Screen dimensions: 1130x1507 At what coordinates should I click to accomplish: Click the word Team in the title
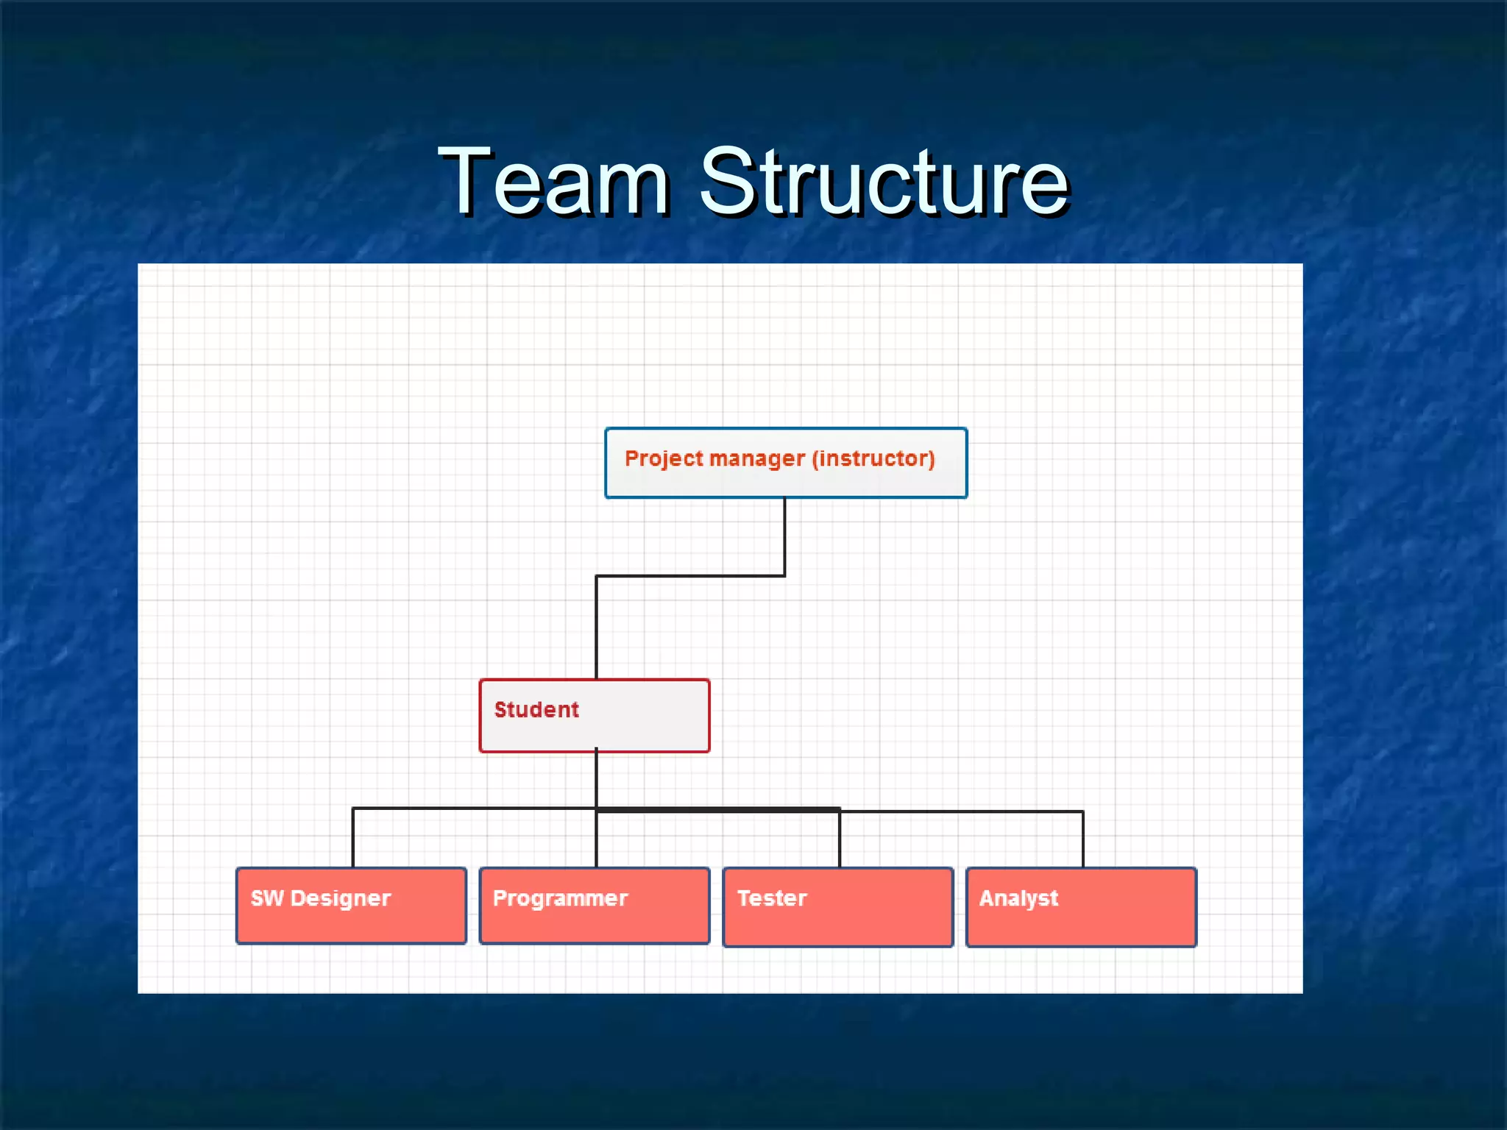pos(553,182)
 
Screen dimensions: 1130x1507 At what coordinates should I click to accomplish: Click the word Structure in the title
pos(883,182)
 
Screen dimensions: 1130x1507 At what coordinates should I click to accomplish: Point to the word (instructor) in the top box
pos(873,459)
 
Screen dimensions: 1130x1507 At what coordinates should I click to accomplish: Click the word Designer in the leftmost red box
pos(340,899)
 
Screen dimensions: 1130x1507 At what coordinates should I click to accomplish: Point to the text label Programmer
pos(560,899)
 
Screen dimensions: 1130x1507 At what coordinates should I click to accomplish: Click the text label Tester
pos(772,899)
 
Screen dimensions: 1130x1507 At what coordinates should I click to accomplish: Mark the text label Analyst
pos(1018,899)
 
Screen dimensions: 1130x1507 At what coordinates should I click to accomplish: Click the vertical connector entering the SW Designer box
pos(353,839)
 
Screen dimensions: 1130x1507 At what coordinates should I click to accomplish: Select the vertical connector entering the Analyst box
pos(1083,840)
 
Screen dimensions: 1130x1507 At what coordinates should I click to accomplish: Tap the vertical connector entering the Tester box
pos(840,840)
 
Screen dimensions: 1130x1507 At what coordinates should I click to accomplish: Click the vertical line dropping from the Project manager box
pos(784,537)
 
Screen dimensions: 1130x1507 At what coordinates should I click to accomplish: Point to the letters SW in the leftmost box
pos(266,899)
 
